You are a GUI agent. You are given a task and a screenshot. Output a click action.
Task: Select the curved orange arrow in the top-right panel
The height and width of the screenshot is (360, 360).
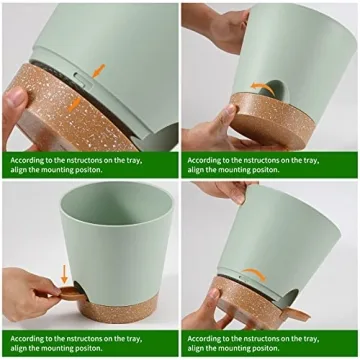coord(261,86)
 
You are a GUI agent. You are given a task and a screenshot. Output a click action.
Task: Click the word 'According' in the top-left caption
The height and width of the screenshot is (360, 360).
coord(30,158)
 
